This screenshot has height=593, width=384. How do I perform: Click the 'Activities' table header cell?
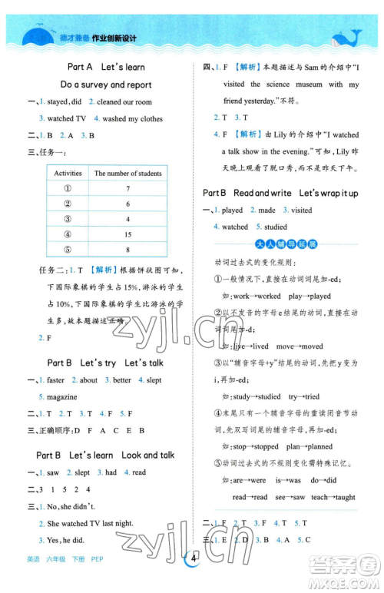(68, 173)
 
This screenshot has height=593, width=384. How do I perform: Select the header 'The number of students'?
(128, 173)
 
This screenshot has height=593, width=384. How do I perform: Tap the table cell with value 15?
(128, 234)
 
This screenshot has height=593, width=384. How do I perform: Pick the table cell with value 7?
(128, 188)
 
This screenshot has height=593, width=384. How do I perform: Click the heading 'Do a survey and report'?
(106, 84)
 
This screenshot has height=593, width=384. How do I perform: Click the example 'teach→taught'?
(334, 497)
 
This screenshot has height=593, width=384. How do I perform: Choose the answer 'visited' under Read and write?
(301, 210)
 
